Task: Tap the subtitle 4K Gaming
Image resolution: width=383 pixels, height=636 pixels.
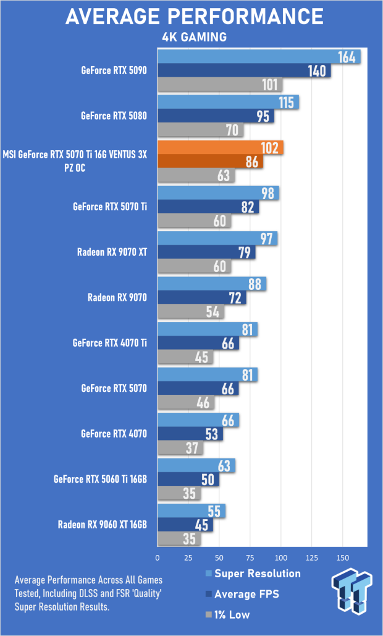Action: pos(194,37)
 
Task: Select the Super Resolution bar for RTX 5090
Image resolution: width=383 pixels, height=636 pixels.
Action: pos(259,57)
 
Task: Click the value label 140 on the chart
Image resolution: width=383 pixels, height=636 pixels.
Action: pos(316,71)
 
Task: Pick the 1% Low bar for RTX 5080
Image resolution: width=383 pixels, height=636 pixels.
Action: pos(200,130)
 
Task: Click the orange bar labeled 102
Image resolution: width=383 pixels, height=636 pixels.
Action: pos(221,148)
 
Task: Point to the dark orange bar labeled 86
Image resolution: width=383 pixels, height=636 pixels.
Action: pos(211,162)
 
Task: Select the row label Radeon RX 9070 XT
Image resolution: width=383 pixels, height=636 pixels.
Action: pos(112,252)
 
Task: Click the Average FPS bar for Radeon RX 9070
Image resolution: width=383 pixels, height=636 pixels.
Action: pos(202,298)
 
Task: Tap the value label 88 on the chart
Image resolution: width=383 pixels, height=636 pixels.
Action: pos(255,284)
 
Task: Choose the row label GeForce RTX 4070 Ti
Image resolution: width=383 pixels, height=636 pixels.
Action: pos(109,343)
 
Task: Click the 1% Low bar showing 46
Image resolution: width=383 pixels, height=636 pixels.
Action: pos(185,403)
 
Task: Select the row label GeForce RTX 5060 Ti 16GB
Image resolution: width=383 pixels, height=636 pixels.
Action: pos(100,480)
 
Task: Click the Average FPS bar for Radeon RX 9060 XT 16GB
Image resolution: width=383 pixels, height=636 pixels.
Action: pos(185,525)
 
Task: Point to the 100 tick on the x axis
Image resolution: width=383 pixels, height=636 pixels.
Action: pos(281,558)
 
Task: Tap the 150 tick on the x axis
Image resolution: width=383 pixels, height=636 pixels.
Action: pos(343,558)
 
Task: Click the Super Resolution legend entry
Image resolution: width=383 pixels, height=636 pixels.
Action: pos(253,574)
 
